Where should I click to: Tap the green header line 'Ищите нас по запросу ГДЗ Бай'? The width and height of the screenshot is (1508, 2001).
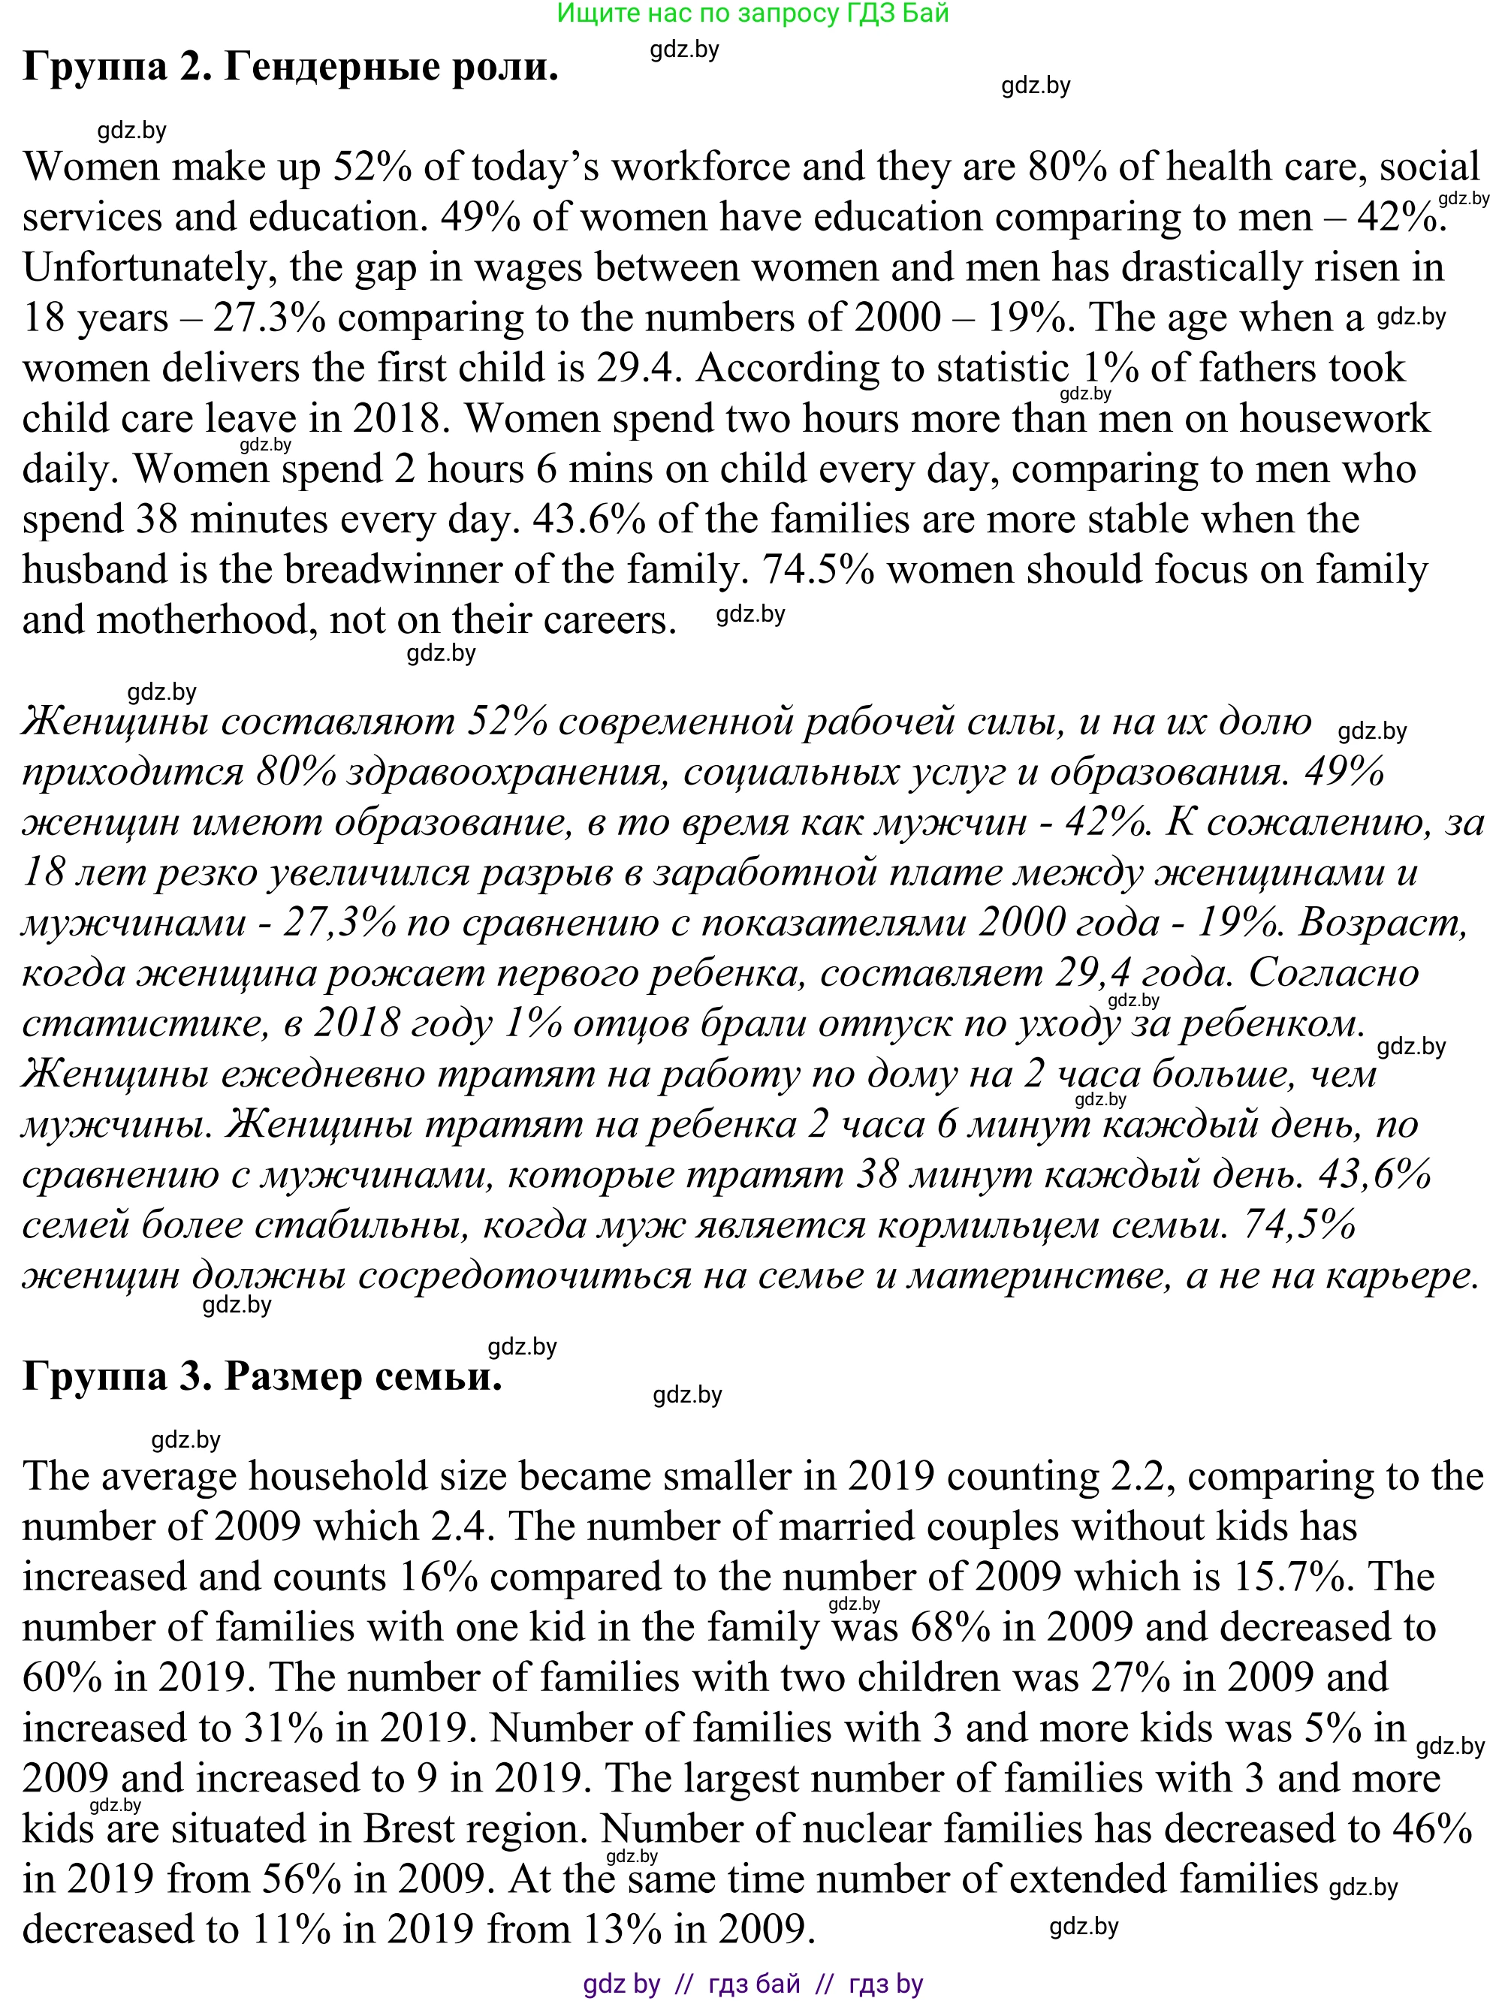coord(752,14)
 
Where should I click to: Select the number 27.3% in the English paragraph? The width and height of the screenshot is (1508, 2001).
coord(270,318)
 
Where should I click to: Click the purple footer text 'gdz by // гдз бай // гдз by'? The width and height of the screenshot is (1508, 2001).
coord(752,1984)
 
